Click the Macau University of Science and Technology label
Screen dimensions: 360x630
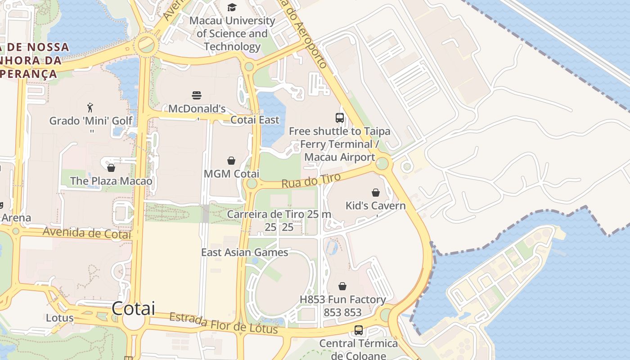click(232, 34)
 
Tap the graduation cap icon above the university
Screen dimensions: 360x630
click(232, 7)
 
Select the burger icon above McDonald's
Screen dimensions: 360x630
click(197, 95)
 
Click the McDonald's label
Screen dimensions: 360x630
click(197, 108)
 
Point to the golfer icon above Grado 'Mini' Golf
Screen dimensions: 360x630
click(90, 108)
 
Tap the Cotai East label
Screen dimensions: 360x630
click(255, 120)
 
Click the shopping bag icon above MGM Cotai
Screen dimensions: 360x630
click(231, 161)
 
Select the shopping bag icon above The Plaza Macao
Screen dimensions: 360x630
click(111, 168)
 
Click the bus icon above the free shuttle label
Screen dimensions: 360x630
click(340, 118)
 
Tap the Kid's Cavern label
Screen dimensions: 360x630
click(375, 206)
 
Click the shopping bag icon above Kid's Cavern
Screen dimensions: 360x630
click(376, 193)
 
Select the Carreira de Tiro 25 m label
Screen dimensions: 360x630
click(279, 214)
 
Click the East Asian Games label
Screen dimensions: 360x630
click(244, 252)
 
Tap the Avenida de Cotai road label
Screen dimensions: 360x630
click(87, 233)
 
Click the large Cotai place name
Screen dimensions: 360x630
click(133, 309)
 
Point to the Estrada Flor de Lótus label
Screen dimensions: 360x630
click(223, 324)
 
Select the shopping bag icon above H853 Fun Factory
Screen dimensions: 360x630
click(342, 286)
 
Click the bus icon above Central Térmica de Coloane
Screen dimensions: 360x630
click(359, 330)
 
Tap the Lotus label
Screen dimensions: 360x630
click(59, 318)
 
